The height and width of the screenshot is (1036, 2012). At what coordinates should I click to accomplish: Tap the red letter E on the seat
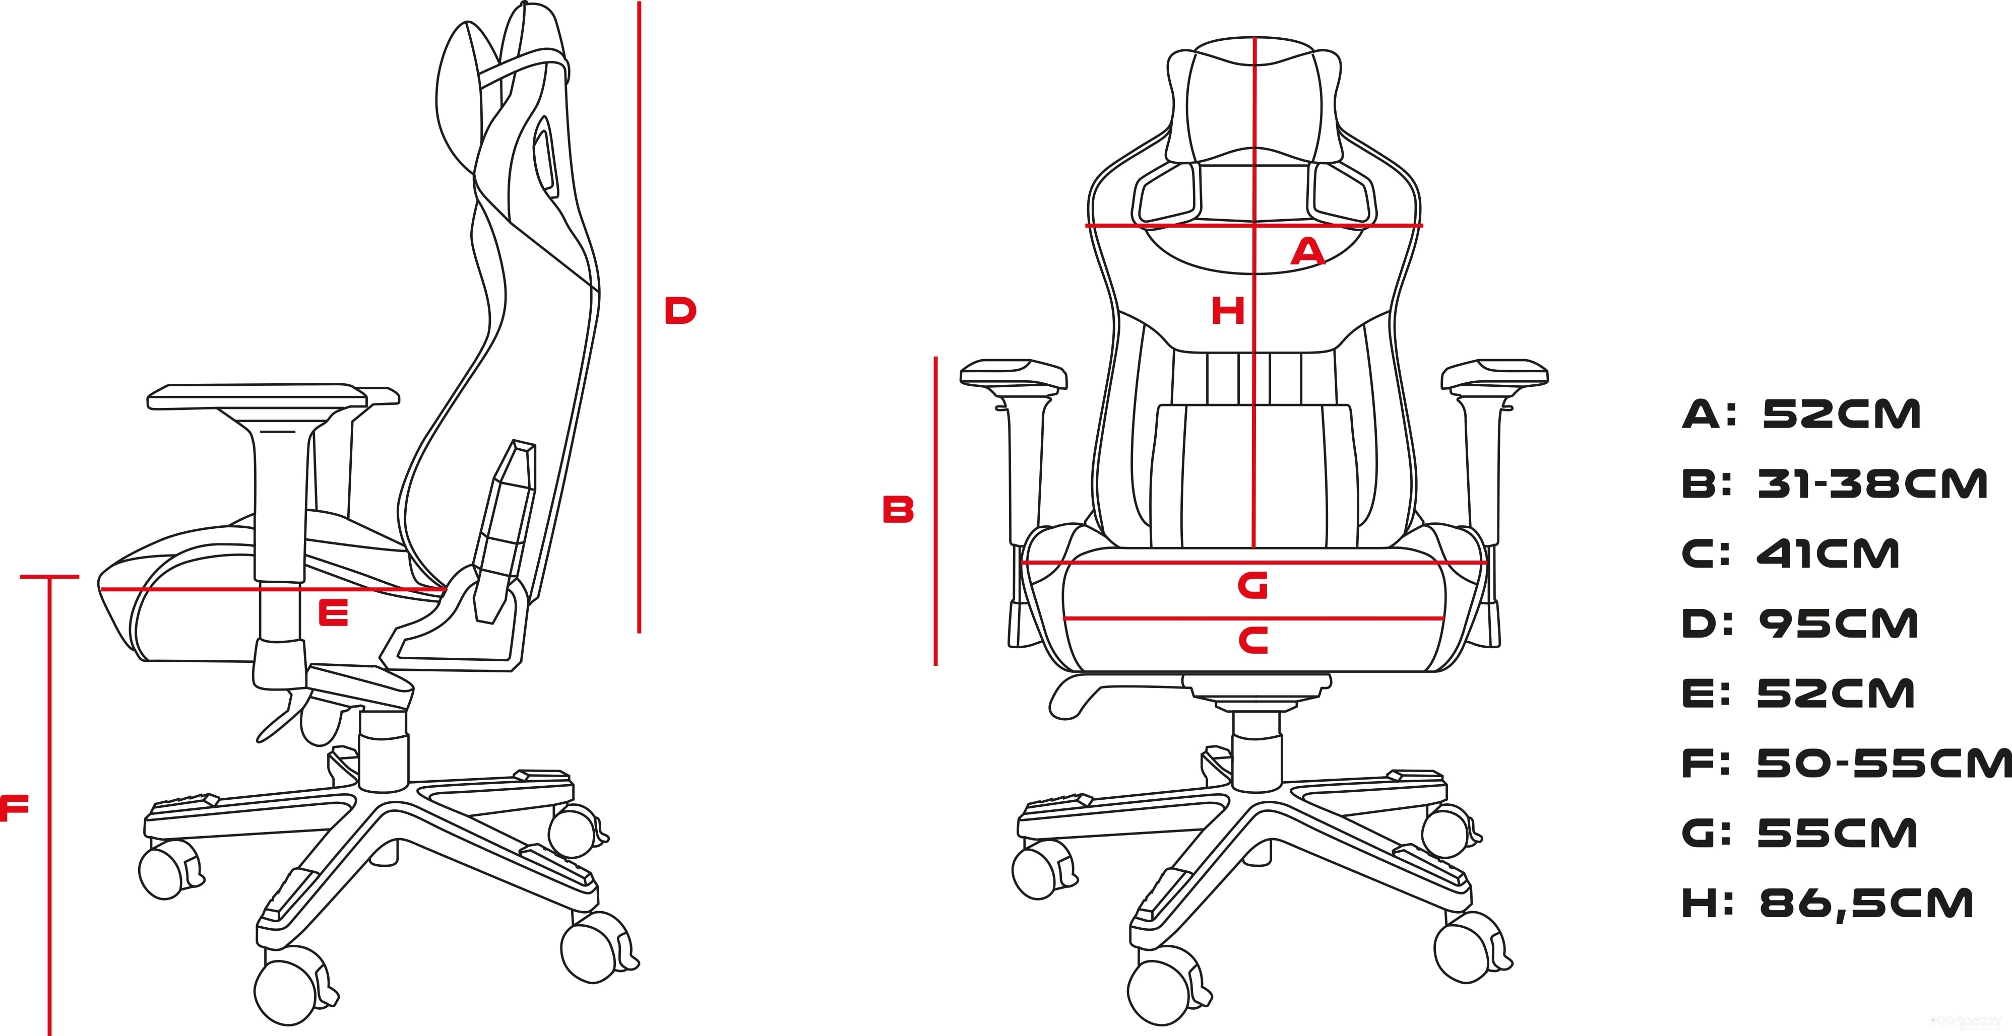pyautogui.click(x=334, y=613)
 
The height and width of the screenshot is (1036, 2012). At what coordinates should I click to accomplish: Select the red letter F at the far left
pyautogui.click(x=14, y=807)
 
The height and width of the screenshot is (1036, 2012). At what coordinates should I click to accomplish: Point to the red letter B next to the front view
pyautogui.click(x=898, y=509)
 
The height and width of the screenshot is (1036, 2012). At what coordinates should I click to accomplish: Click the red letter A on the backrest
pyautogui.click(x=1308, y=251)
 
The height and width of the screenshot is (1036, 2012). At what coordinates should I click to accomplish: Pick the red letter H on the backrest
pyautogui.click(x=1228, y=311)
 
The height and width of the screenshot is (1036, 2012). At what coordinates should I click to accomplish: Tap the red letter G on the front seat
pyautogui.click(x=1253, y=586)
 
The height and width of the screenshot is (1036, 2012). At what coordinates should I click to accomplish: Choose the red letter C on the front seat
pyautogui.click(x=1253, y=640)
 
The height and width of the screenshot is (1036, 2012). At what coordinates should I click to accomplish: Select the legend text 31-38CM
pyautogui.click(x=1872, y=484)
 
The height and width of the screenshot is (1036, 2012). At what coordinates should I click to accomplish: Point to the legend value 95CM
pyautogui.click(x=1839, y=624)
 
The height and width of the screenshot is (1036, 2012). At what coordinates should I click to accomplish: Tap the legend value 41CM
pyautogui.click(x=1828, y=554)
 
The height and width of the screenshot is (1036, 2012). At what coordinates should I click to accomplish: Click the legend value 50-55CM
pyautogui.click(x=1884, y=764)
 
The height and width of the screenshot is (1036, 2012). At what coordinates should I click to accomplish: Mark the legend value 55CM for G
pyautogui.click(x=1837, y=833)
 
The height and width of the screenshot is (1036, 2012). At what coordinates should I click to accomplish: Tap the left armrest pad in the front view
pyautogui.click(x=1014, y=373)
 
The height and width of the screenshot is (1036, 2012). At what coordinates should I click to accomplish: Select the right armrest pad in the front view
pyautogui.click(x=1495, y=373)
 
